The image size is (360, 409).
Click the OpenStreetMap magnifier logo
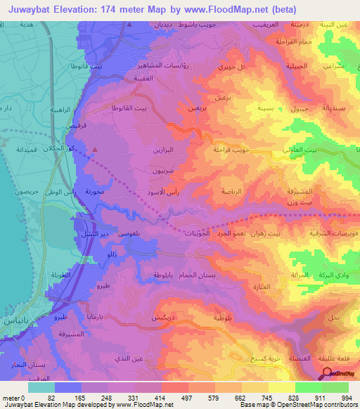(x=328, y=374)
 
